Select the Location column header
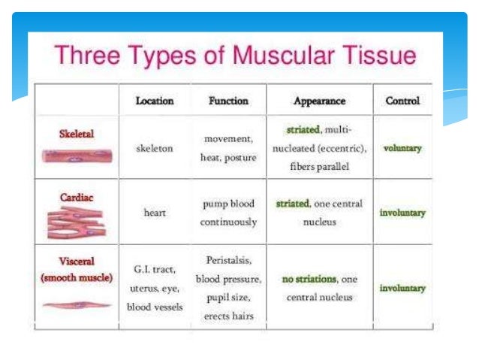(155, 100)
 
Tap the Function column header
(228, 100)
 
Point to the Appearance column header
(319, 100)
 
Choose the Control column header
(402, 100)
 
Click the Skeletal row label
(77, 134)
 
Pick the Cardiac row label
(77, 197)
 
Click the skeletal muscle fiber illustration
(77, 156)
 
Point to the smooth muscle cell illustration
(77, 305)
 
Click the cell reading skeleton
(155, 148)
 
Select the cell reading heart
(155, 213)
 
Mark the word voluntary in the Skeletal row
(402, 148)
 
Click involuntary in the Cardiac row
(402, 213)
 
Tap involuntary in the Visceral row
(402, 288)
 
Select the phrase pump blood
(228, 204)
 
